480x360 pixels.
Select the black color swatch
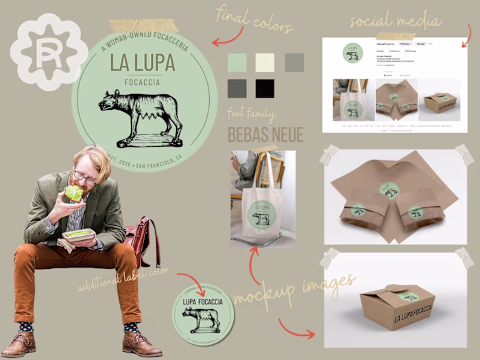265,88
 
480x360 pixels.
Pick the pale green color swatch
237,62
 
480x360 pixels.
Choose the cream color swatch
265,62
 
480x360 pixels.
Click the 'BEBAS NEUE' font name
265,134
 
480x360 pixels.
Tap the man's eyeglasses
85,177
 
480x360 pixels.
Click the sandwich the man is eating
74,193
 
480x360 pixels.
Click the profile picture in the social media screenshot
352,54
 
